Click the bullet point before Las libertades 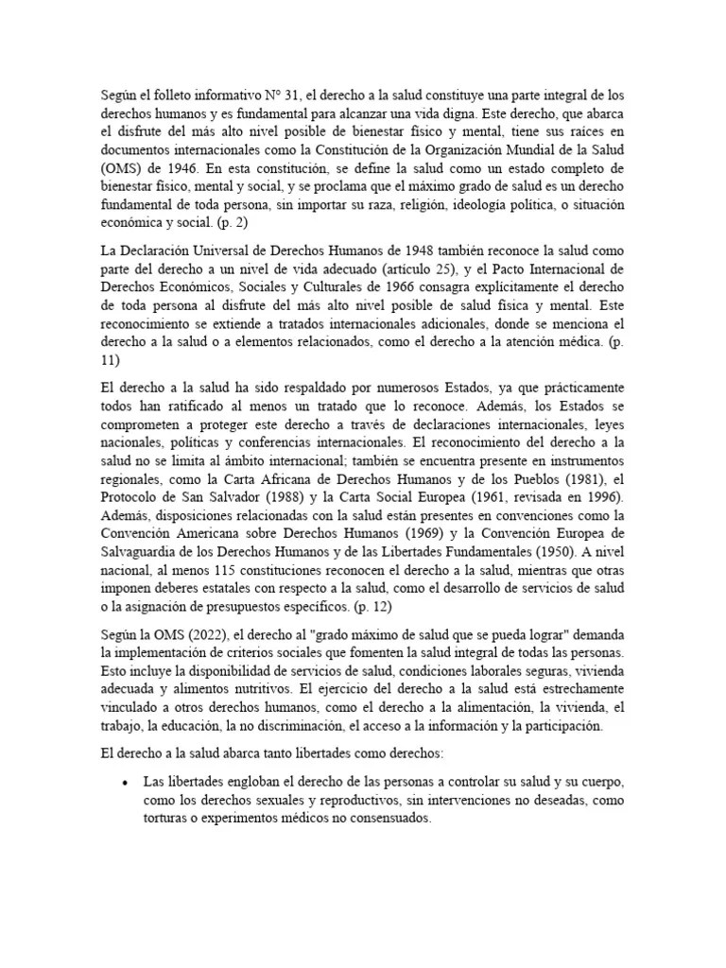click(x=126, y=785)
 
